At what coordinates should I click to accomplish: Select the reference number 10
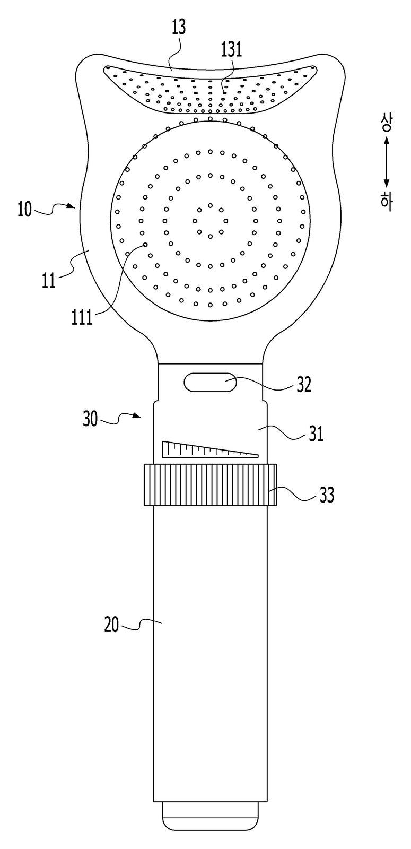(x=24, y=210)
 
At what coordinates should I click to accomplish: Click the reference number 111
(x=82, y=317)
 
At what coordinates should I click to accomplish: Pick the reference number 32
(x=304, y=385)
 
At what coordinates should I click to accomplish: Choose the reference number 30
(x=91, y=420)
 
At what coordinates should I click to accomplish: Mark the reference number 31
(x=316, y=434)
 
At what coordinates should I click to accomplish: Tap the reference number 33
(x=327, y=495)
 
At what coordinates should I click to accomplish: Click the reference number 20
(x=112, y=625)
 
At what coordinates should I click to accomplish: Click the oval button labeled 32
(x=210, y=382)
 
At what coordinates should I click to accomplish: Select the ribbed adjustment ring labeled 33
(x=210, y=484)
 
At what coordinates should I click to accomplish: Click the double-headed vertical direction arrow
(x=387, y=162)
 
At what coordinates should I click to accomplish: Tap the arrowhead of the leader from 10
(x=73, y=206)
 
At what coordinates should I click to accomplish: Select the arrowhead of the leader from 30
(x=138, y=416)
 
